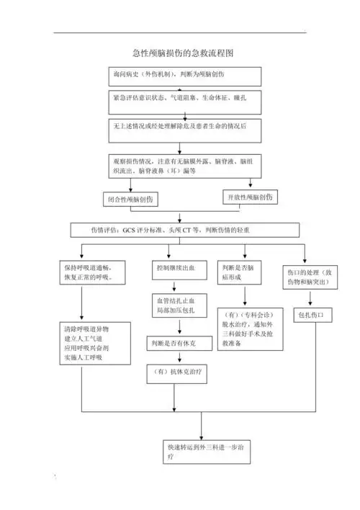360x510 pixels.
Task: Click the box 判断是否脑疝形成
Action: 241,272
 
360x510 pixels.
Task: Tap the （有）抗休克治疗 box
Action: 176,372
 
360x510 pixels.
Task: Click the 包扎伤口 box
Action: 311,316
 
